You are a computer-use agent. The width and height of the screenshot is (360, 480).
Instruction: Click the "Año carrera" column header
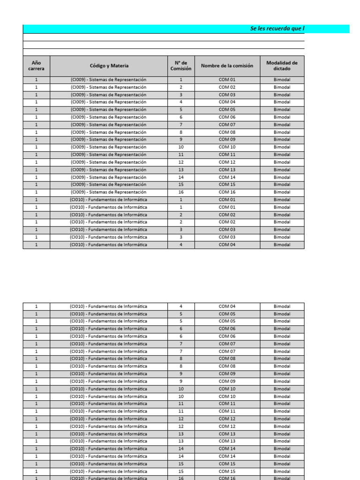[x=36, y=66]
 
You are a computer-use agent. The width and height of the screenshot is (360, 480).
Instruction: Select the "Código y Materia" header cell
[x=109, y=66]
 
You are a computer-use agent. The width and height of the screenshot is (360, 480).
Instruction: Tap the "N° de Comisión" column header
[x=180, y=66]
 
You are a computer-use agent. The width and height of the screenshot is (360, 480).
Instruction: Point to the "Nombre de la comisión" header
[x=227, y=66]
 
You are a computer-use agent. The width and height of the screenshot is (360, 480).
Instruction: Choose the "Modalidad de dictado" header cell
[x=282, y=66]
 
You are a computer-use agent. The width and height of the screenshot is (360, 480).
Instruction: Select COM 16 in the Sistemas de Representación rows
[x=227, y=192]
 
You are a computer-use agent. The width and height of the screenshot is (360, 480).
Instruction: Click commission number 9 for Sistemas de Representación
[x=180, y=140]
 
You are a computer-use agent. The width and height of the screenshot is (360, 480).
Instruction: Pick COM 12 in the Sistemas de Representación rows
[x=227, y=162]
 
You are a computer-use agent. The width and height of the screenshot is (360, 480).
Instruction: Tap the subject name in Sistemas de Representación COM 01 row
[x=109, y=80]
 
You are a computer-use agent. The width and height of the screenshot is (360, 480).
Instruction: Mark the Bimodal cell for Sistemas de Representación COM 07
[x=282, y=125]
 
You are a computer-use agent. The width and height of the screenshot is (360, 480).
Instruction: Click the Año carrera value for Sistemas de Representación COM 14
[x=36, y=177]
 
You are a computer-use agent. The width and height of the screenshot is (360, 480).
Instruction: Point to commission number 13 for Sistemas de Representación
[x=180, y=170]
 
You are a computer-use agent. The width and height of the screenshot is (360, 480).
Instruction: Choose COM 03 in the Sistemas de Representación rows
[x=227, y=95]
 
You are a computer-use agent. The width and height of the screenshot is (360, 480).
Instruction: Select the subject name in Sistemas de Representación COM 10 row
[x=109, y=147]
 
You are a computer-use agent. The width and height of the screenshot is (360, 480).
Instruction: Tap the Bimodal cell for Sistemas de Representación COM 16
[x=282, y=192]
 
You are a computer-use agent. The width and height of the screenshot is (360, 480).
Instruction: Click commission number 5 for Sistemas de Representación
[x=180, y=110]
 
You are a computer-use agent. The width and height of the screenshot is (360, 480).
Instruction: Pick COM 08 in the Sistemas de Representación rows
[x=227, y=132]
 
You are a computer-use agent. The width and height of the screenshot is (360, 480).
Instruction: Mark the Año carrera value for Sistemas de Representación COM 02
[x=36, y=87]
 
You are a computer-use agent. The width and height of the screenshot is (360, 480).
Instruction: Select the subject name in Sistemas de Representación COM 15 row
[x=109, y=185]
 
